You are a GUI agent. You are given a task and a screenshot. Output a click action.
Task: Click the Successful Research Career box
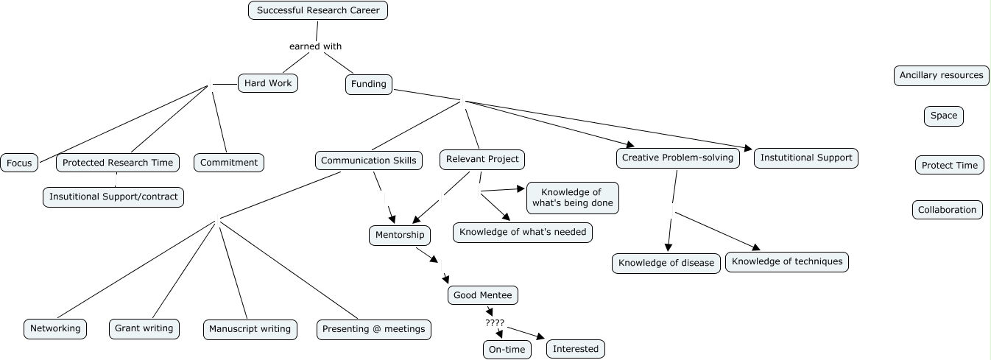pyautogui.click(x=318, y=10)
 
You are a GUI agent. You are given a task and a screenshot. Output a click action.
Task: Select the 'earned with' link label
pyautogui.click(x=315, y=46)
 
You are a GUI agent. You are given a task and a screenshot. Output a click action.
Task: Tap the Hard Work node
pyautogui.click(x=268, y=83)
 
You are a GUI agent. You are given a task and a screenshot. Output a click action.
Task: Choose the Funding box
pyautogui.click(x=369, y=84)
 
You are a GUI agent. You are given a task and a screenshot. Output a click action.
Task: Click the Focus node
pyautogui.click(x=19, y=163)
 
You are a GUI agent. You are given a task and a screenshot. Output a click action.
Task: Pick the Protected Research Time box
pyautogui.click(x=118, y=163)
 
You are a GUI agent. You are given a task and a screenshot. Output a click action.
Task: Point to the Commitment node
pyautogui.click(x=229, y=163)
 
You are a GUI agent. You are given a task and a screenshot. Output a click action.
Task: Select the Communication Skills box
pyautogui.click(x=369, y=160)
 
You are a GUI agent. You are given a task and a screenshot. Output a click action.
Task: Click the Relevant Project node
pyautogui.click(x=483, y=158)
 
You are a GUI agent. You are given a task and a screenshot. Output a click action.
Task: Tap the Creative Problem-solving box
pyautogui.click(x=677, y=158)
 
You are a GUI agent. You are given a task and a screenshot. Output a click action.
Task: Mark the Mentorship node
pyautogui.click(x=400, y=235)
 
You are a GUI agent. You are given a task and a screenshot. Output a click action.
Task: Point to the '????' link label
pyautogui.click(x=495, y=322)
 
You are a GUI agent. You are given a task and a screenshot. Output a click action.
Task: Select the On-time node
pyautogui.click(x=507, y=350)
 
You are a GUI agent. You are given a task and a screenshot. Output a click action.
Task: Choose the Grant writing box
pyautogui.click(x=144, y=328)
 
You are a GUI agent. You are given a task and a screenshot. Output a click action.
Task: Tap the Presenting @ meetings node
pyautogui.click(x=374, y=329)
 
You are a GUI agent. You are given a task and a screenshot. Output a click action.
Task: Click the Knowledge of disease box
pyautogui.click(x=666, y=263)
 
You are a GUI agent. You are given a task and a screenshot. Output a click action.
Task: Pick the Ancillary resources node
pyautogui.click(x=941, y=75)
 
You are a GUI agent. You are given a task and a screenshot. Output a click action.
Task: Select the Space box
pyautogui.click(x=943, y=116)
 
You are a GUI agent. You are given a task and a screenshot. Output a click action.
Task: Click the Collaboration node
pyautogui.click(x=947, y=210)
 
